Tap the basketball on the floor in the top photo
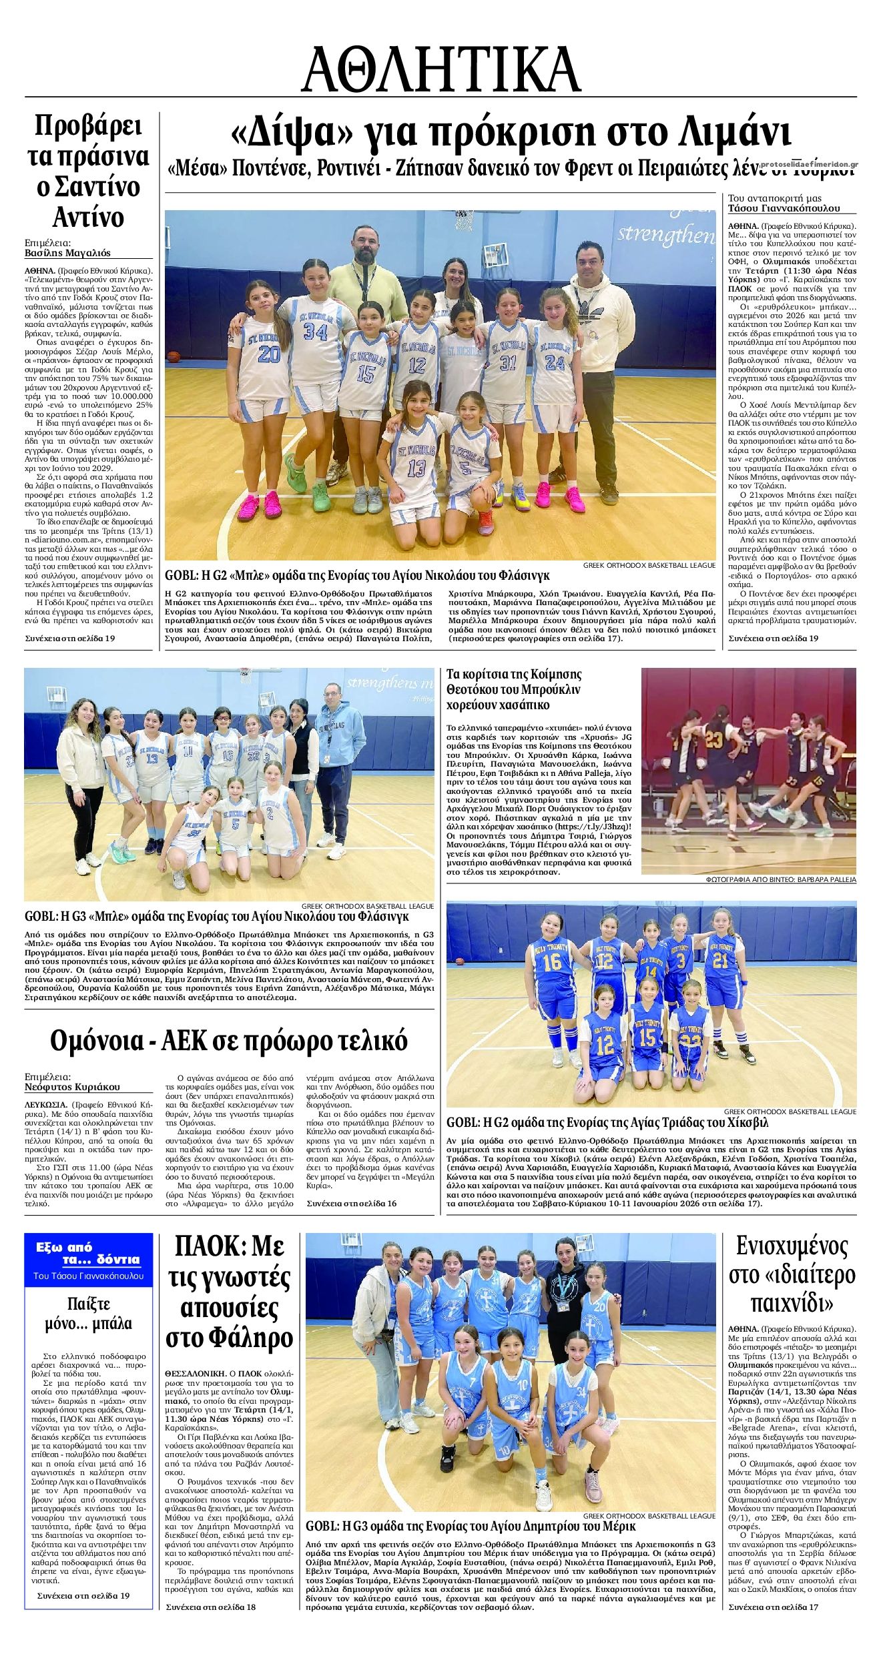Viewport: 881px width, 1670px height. click(175, 358)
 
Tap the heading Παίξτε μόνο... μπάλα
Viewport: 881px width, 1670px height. click(89, 1314)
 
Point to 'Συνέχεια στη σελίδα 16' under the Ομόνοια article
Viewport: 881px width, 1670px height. click(352, 1203)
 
